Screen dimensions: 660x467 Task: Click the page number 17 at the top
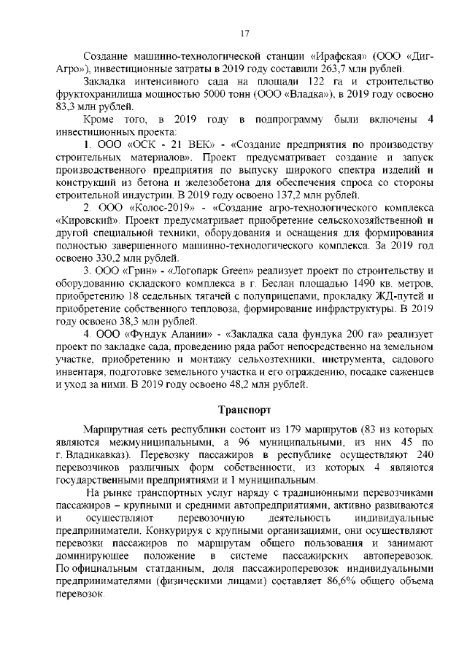[244, 31]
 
